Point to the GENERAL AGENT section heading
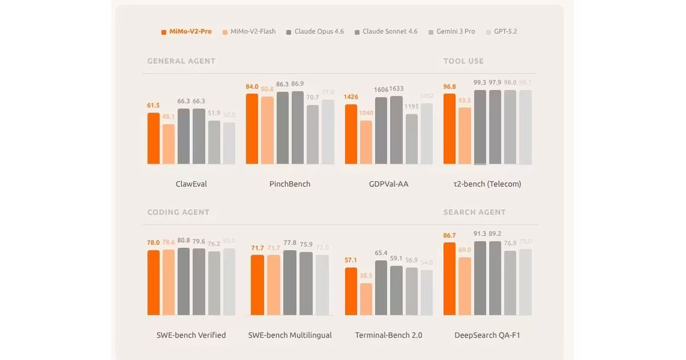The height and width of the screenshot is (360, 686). [x=181, y=61]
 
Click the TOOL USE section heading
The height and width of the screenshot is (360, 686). [x=464, y=61]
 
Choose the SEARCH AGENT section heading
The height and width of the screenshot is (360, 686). [x=474, y=212]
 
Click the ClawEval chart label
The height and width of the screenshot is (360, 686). [x=192, y=184]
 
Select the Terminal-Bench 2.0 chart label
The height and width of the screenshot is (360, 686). [x=389, y=335]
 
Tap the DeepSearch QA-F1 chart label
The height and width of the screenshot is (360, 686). [x=488, y=335]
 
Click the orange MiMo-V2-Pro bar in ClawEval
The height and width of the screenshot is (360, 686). [x=153, y=139]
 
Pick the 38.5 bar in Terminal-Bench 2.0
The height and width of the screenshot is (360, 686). [x=366, y=299]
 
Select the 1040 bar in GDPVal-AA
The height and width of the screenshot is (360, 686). [x=366, y=142]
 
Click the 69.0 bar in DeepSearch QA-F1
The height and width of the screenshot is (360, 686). [x=465, y=286]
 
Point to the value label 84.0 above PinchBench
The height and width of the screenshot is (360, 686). [x=252, y=87]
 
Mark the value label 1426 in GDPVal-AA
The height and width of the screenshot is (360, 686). [x=350, y=97]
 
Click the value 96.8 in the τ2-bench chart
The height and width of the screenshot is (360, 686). [x=449, y=87]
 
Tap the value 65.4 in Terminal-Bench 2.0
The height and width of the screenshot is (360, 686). [x=381, y=253]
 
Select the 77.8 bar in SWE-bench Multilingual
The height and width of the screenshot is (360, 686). [x=290, y=282]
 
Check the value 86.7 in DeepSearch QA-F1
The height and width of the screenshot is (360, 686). [x=449, y=235]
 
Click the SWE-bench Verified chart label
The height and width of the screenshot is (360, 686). [x=191, y=335]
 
